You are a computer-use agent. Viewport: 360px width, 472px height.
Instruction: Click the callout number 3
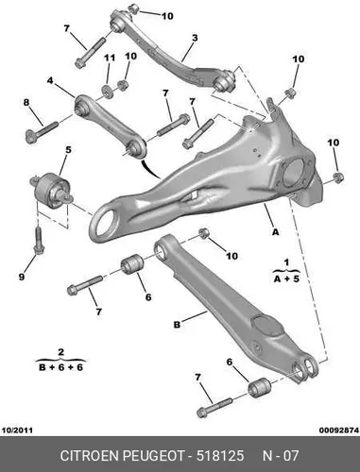(195, 38)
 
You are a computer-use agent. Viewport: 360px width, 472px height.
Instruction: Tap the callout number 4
(50, 80)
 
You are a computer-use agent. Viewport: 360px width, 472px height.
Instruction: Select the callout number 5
(68, 150)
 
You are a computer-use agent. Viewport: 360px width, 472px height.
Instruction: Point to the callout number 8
(26, 102)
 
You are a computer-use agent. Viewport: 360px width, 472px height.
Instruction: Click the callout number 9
(22, 277)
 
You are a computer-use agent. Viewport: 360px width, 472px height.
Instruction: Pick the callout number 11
(110, 58)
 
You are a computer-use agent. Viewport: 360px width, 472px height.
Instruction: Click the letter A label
(276, 232)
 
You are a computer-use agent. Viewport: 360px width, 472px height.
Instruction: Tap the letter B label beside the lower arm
(177, 325)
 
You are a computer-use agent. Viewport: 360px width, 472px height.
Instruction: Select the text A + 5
(286, 278)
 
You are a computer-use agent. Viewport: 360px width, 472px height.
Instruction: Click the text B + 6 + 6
(60, 367)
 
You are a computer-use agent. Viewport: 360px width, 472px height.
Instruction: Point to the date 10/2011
(17, 430)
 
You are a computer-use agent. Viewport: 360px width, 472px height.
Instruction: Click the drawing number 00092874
(339, 430)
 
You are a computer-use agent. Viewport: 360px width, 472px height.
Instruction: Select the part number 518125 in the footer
(220, 456)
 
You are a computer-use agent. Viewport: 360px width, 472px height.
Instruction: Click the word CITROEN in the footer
(90, 456)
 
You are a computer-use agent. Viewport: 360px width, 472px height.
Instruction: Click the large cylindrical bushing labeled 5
(50, 190)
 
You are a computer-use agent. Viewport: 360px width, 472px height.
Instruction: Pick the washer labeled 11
(108, 91)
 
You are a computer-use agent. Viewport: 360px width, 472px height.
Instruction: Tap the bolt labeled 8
(42, 132)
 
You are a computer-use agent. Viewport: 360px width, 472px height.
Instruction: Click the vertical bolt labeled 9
(38, 240)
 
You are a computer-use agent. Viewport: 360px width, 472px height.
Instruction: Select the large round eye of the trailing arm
(104, 222)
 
